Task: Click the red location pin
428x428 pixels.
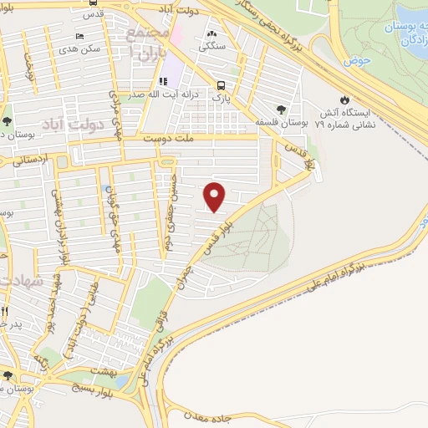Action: (x=216, y=196)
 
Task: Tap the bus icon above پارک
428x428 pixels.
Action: (x=221, y=85)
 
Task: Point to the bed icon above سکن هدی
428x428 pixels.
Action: (x=80, y=36)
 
